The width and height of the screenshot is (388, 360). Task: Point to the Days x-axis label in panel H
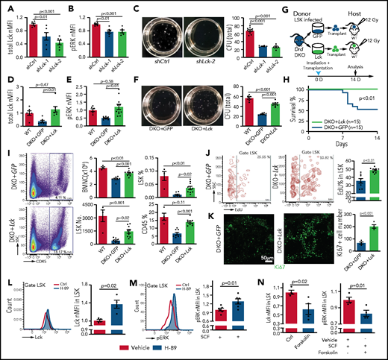pyautogui.click(x=328, y=132)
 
